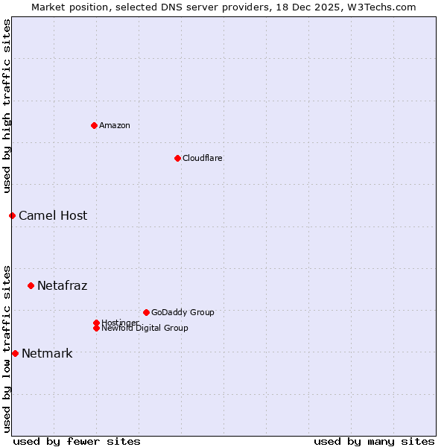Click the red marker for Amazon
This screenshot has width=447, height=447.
(x=94, y=125)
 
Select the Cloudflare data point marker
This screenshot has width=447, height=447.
(x=177, y=158)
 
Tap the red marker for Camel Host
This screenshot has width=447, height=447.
(x=12, y=215)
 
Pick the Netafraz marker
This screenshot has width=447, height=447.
(x=31, y=285)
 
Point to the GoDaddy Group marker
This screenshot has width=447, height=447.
(x=146, y=312)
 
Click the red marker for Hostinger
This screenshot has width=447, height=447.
(x=96, y=323)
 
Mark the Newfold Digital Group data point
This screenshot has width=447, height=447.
(x=96, y=328)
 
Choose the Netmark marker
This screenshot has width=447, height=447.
(x=15, y=353)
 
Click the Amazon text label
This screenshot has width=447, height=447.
(x=114, y=125)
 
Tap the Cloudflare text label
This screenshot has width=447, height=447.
(x=202, y=158)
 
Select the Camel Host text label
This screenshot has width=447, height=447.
(x=53, y=215)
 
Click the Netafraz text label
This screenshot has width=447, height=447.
(x=62, y=285)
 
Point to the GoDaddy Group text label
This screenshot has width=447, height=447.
(x=183, y=312)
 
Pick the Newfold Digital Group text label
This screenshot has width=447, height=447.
(x=145, y=328)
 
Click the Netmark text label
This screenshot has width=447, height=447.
(x=47, y=353)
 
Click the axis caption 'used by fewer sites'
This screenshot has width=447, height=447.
(x=77, y=441)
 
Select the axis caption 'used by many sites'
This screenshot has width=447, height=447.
(x=374, y=441)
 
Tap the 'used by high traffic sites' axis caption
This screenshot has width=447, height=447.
(x=7, y=106)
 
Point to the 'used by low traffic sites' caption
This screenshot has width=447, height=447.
(x=7, y=348)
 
